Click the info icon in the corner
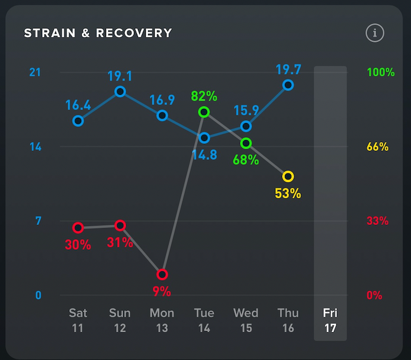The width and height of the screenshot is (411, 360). (374, 33)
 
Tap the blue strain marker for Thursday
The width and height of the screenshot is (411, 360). (288, 85)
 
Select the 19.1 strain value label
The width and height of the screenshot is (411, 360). (120, 76)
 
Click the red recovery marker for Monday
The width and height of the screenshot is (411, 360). (162, 274)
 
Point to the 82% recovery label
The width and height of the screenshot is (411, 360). (204, 97)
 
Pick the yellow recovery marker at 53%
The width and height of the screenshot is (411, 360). (288, 176)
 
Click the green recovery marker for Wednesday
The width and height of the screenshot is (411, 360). (246, 143)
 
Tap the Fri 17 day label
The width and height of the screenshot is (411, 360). (330, 320)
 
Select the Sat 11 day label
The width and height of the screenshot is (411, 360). (78, 320)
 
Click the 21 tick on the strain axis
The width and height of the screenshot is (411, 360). (35, 72)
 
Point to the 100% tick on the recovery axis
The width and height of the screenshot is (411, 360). (380, 72)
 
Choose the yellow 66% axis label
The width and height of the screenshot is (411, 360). (377, 147)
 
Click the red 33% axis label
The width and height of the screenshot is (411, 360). (377, 221)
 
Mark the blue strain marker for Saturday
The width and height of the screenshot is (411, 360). (78, 121)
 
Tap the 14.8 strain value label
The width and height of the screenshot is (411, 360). (204, 156)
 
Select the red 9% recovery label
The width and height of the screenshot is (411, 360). (162, 291)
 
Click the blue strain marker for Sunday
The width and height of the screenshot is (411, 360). (120, 91)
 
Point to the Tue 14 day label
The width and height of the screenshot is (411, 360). (204, 320)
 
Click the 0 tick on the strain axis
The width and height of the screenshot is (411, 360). (38, 295)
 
